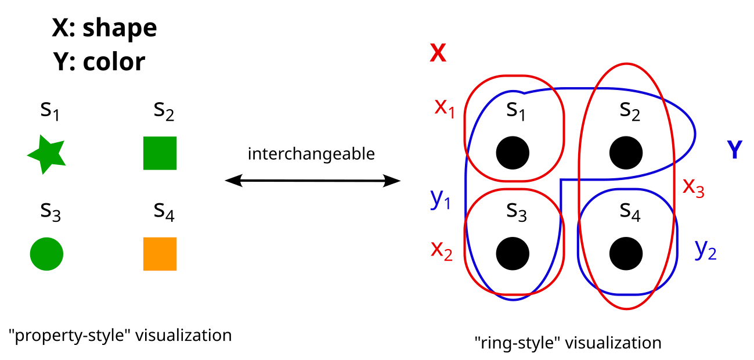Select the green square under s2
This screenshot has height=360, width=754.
pyautogui.click(x=160, y=153)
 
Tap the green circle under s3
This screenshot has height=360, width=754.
pyautogui.click(x=46, y=254)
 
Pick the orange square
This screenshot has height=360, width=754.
pyautogui.click(x=160, y=254)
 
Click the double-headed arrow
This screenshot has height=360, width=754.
pyautogui.click(x=312, y=182)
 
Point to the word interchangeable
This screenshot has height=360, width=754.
pyautogui.click(x=311, y=154)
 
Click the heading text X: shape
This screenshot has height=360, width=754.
pyautogui.click(x=104, y=28)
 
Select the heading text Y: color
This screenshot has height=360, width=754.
pyautogui.click(x=99, y=62)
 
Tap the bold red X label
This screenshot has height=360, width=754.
pyautogui.click(x=438, y=54)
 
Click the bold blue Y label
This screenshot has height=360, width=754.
pyautogui.click(x=735, y=150)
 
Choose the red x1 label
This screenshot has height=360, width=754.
pyautogui.click(x=445, y=107)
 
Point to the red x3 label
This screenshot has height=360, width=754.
pyautogui.click(x=694, y=186)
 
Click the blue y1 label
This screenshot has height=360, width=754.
pyautogui.click(x=440, y=199)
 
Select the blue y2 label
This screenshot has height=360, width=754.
pyautogui.click(x=705, y=249)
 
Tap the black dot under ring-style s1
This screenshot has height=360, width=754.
pyautogui.click(x=513, y=153)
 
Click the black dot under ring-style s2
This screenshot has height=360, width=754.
pyautogui.click(x=626, y=153)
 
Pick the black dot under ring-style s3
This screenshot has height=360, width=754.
pyautogui.click(x=513, y=253)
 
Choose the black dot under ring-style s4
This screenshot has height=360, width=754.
pyautogui.click(x=626, y=253)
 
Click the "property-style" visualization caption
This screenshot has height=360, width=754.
pyautogui.click(x=120, y=335)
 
